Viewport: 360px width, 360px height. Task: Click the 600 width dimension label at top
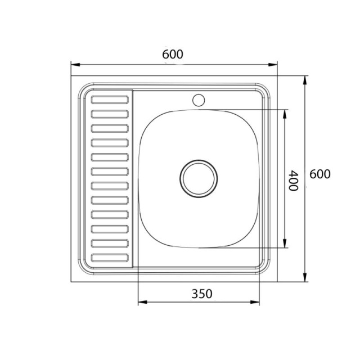pyautogui.click(x=173, y=55)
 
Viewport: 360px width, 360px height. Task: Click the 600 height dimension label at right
pyautogui.click(x=320, y=174)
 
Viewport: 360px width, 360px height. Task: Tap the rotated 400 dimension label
pyautogui.click(x=294, y=181)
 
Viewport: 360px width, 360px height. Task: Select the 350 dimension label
pyautogui.click(x=202, y=294)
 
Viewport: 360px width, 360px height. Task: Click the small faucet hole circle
pyautogui.click(x=199, y=100)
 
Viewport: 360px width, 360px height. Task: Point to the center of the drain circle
pyautogui.click(x=199, y=179)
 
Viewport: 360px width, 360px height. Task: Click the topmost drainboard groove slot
pyautogui.click(x=110, y=100)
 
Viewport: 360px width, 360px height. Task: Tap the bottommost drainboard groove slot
pyautogui.click(x=110, y=258)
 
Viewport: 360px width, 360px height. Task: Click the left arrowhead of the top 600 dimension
pyautogui.click(x=75, y=65)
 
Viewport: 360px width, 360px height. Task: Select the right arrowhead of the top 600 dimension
pyautogui.click(x=273, y=65)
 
